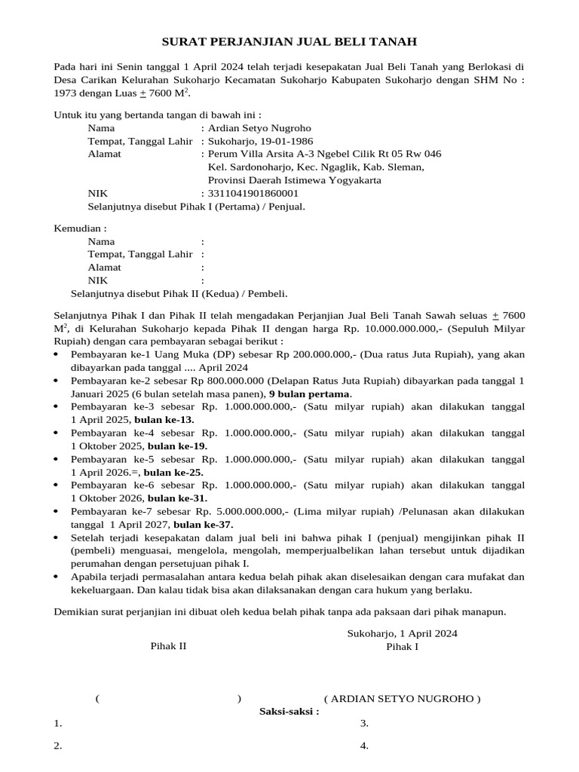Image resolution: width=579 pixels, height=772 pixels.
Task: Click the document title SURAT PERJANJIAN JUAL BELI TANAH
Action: tap(290, 41)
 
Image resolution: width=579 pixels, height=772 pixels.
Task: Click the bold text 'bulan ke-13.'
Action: tap(164, 420)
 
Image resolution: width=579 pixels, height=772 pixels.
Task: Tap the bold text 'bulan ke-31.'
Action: tap(177, 498)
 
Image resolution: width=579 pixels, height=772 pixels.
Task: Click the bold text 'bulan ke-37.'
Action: tap(204, 525)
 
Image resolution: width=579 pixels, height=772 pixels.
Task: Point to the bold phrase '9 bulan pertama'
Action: tap(310, 394)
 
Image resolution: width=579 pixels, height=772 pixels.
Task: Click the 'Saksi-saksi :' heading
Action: tap(289, 711)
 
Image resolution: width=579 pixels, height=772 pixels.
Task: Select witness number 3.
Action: tap(363, 724)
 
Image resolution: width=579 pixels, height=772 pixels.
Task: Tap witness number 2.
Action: tap(57, 746)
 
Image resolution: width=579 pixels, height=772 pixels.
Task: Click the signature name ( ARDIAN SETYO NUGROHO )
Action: tap(402, 698)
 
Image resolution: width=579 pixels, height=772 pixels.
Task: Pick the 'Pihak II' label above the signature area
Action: tap(168, 646)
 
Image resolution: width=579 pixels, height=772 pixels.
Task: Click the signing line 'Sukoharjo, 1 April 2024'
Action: tap(402, 633)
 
